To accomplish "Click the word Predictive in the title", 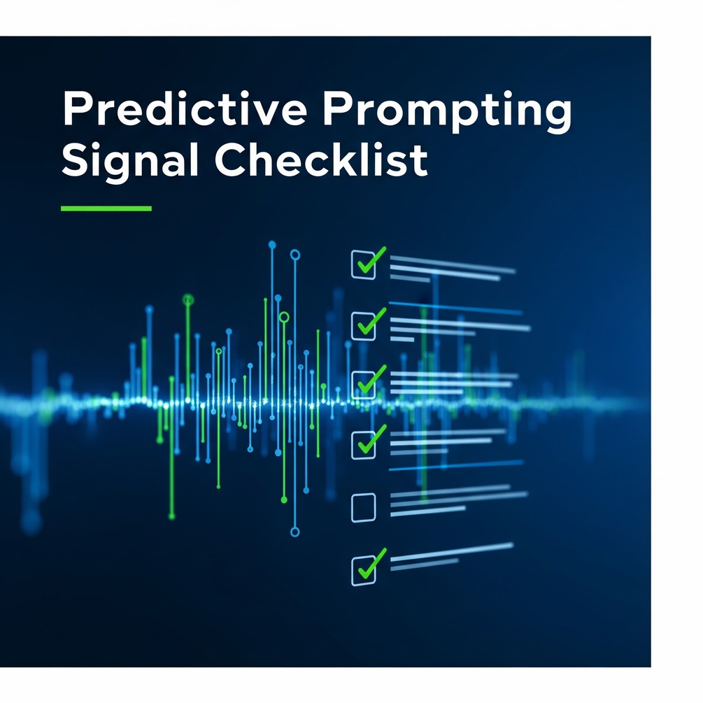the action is click(185, 108).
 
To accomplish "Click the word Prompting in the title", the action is click(448, 111).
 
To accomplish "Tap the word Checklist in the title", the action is click(321, 159).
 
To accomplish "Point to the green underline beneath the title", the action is click(106, 208).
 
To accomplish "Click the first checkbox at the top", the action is click(363, 264).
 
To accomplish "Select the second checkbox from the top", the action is click(363, 326).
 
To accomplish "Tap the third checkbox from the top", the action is click(363, 385).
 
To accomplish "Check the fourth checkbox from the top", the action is click(363, 445).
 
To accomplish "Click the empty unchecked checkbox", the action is click(363, 508).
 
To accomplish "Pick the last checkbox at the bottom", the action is click(363, 570).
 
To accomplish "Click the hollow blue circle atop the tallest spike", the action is click(295, 255).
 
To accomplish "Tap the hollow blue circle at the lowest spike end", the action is click(295, 532).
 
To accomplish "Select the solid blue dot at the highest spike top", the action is click(272, 245).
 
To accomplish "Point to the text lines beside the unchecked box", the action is click(459, 500).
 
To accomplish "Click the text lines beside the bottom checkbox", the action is click(452, 557).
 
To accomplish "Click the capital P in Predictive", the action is click(76, 108).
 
